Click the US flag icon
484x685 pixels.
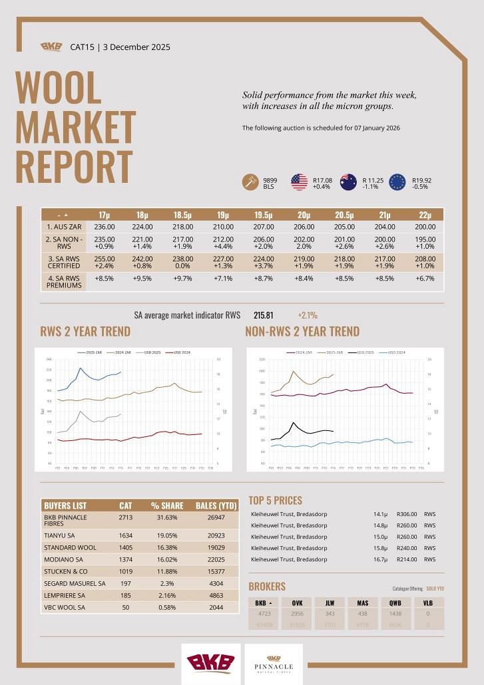(299, 182)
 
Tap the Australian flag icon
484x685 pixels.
(348, 182)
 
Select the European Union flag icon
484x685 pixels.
(397, 182)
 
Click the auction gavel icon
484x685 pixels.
(251, 182)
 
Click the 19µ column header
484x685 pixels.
(223, 215)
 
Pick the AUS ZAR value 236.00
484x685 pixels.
(105, 227)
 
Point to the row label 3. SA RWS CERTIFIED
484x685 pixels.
(63, 261)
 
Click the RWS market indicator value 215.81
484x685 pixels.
(264, 315)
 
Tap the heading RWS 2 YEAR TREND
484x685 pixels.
(86, 331)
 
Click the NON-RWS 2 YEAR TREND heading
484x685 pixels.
(302, 331)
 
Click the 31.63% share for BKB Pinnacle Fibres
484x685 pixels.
(164, 517)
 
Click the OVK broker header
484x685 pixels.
(298, 603)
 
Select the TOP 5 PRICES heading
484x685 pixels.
(275, 500)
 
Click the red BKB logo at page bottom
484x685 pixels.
(210, 663)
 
